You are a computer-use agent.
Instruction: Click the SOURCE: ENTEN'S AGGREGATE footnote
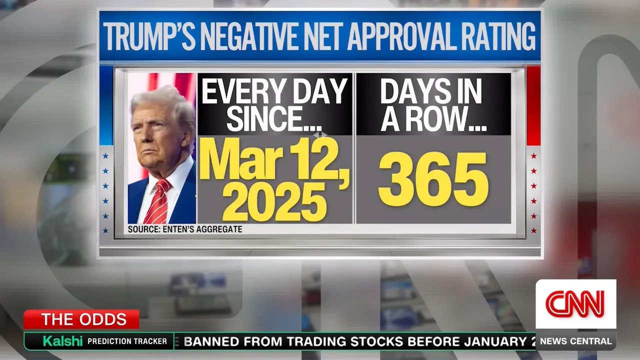click(x=185, y=229)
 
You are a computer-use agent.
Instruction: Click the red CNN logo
click(x=575, y=303)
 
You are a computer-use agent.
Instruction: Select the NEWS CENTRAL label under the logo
click(x=575, y=341)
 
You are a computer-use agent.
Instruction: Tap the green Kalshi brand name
click(x=62, y=341)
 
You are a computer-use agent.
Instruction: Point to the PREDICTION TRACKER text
click(x=127, y=341)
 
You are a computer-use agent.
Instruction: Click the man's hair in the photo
click(x=162, y=102)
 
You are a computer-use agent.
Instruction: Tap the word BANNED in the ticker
click(x=210, y=342)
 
